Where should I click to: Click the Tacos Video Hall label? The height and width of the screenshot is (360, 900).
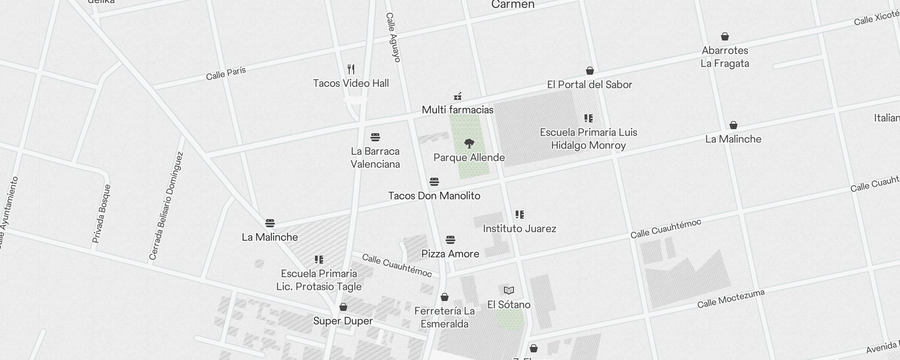351,83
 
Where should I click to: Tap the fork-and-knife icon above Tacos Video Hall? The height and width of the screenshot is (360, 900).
351,69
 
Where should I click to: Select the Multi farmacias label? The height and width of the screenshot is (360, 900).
458,110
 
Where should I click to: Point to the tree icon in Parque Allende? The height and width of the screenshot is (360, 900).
469,144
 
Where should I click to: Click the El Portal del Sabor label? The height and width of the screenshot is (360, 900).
589,85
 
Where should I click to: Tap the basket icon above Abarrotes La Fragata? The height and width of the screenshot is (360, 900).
725,36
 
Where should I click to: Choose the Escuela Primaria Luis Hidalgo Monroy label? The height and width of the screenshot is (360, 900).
589,139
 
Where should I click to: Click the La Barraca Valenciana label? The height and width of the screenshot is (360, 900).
375,157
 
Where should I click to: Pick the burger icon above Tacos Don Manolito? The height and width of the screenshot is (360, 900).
434,182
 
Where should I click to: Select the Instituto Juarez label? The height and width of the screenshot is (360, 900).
519,229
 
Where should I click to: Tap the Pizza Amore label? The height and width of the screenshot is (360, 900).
450,254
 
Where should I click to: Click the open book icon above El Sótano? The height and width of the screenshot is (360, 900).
509,290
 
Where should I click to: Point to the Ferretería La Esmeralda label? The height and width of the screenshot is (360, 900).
445,317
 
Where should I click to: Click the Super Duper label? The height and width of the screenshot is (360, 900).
343,321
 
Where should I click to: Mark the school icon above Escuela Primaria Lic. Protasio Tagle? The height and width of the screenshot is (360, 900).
319,260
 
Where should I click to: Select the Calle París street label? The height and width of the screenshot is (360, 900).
226,73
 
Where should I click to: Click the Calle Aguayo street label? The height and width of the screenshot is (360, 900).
393,37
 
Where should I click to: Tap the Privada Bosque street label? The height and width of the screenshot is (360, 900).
101,214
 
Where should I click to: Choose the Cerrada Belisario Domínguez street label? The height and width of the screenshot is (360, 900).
166,206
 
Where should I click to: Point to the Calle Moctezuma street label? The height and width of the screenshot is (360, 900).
731,299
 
